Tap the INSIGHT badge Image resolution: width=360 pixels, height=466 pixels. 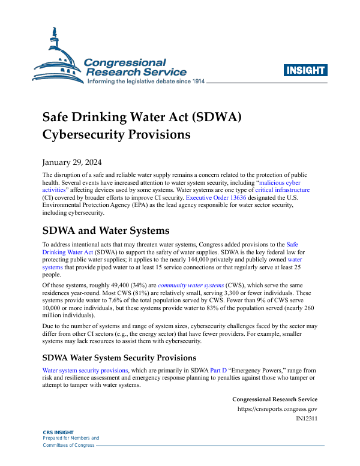(x=305, y=70)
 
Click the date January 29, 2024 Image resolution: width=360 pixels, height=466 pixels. (x=71, y=163)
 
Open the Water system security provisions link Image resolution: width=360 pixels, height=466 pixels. (x=82, y=371)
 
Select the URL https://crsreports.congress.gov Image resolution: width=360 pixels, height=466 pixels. (x=277, y=410)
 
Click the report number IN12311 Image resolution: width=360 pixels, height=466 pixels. (x=307, y=419)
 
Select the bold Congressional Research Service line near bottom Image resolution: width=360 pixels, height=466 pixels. (x=274, y=399)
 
